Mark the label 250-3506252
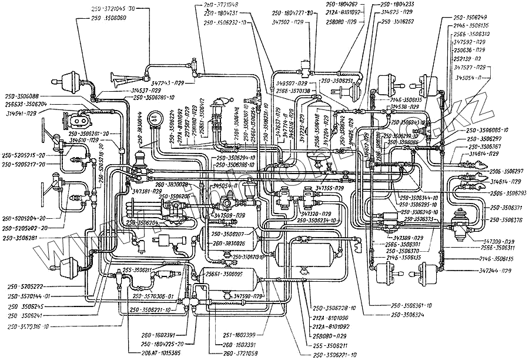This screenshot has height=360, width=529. point(401,22)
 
